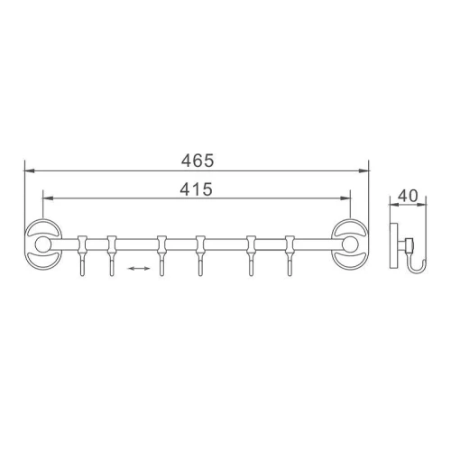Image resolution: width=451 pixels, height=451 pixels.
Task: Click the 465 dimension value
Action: click(x=198, y=161)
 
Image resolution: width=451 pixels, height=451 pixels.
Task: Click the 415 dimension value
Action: click(x=196, y=189)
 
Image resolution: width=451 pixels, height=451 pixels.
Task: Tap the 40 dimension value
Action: click(x=408, y=196)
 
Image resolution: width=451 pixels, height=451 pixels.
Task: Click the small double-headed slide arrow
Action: click(x=139, y=268)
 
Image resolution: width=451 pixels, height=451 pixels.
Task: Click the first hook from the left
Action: click(x=82, y=255)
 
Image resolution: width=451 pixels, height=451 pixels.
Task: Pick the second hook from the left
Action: click(x=112, y=255)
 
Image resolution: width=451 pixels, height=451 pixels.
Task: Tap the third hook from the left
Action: click(x=161, y=255)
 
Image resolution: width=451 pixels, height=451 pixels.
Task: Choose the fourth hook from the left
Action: click(x=200, y=255)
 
